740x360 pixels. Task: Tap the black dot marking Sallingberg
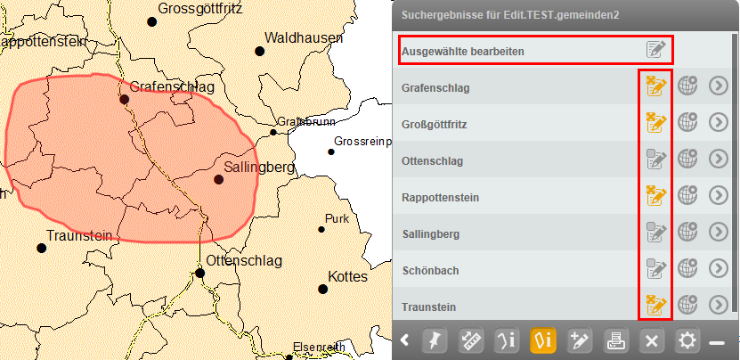pos(219,179)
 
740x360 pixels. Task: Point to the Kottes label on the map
pos(347,277)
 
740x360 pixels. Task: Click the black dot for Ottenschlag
pos(201,273)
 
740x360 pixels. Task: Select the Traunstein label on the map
pos(78,235)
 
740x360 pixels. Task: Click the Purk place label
pos(337,218)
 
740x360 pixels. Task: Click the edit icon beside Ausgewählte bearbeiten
pos(655,50)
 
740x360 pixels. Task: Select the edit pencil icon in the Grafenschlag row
pos(655,86)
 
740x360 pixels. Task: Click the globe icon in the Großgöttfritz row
pos(687,123)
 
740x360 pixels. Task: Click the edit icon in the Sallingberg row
pos(655,233)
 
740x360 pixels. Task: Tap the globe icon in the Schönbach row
pos(687,269)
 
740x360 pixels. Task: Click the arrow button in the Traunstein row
pos(719,306)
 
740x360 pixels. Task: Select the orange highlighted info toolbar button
pos(543,340)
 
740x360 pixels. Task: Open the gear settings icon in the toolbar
pos(687,340)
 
